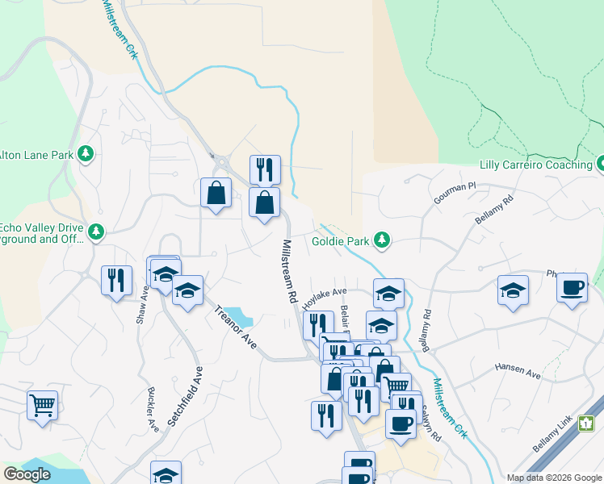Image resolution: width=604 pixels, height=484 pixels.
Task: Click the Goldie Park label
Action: [x=341, y=241]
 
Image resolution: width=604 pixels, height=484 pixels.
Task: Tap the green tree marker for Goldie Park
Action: [x=383, y=240]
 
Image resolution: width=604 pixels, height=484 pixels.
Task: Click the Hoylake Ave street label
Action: [x=325, y=298]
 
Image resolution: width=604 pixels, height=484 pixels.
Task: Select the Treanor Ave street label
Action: [x=237, y=327]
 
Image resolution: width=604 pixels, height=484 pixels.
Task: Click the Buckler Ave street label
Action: [x=152, y=408]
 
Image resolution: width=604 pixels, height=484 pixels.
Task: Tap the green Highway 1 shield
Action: [x=587, y=423]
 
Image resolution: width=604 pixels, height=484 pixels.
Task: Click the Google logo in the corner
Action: [x=27, y=474]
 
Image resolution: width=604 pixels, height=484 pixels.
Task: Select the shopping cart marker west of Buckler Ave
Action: [x=42, y=404]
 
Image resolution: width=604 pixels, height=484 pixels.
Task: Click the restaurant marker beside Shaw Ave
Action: [x=116, y=280]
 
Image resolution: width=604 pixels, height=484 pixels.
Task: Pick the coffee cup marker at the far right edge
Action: [x=572, y=287]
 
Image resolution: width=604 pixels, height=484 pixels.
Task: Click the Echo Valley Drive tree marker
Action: [x=96, y=232]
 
